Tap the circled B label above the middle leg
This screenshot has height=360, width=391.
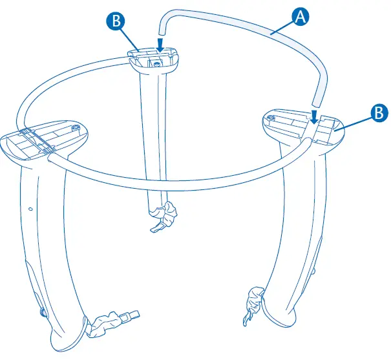116,21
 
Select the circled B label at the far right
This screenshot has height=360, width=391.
376,112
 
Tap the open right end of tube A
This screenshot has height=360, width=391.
315,102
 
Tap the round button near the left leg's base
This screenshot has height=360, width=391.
43,313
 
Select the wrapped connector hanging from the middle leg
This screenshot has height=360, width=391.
170,211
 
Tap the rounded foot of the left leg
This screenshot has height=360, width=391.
68,341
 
